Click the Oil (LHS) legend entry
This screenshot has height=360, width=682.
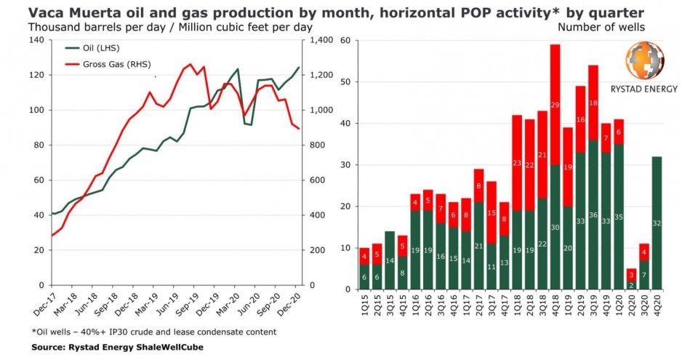pos(86,48)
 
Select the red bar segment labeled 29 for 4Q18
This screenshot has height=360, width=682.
pos(555,105)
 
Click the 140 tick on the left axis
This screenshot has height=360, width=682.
pos(36,40)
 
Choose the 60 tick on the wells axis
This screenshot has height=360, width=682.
pos(345,40)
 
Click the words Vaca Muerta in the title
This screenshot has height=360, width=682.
pos(65,11)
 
